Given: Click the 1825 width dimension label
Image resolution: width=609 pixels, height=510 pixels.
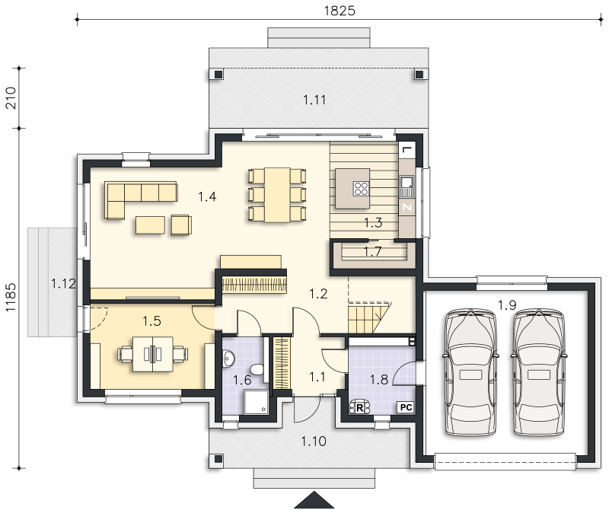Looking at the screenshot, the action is (340, 11).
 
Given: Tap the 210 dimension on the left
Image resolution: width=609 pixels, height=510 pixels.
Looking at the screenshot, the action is (11, 98).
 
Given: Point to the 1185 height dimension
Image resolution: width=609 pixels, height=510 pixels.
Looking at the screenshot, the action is (11, 297).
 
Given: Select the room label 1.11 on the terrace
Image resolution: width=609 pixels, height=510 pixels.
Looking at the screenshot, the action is (314, 100).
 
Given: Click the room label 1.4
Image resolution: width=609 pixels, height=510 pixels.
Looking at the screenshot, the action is (207, 196).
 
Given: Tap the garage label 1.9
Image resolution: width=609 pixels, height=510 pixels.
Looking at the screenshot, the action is (507, 305).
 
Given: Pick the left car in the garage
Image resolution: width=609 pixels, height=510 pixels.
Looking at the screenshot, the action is (470, 372).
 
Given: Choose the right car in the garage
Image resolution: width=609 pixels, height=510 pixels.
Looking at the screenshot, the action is (538, 372).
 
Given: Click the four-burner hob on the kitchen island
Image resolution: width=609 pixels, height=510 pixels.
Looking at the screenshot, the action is (361, 188).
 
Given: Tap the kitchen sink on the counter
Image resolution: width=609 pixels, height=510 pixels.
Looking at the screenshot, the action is (407, 186).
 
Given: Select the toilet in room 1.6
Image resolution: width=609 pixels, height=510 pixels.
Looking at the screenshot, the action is (257, 368).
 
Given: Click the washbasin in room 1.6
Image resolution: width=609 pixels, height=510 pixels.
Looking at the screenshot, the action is (229, 359).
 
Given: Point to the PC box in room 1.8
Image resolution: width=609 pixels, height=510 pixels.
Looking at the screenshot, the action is (406, 407).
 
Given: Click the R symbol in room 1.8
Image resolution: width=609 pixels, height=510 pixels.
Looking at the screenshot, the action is (359, 408).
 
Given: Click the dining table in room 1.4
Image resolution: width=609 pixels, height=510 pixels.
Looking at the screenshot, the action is (277, 195).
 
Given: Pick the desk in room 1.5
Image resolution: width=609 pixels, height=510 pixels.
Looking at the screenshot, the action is (153, 354).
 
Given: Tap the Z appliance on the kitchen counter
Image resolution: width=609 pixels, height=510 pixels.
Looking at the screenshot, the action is (407, 207).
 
